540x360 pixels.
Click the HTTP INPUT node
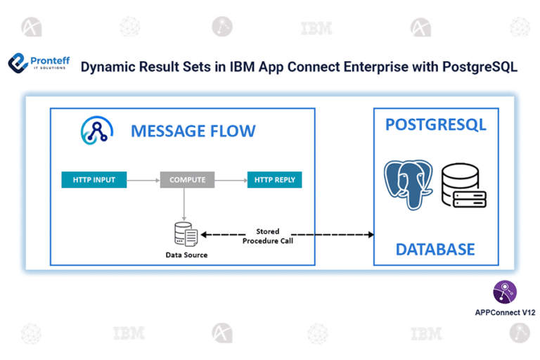(x=94, y=180)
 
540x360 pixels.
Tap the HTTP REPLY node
(x=274, y=180)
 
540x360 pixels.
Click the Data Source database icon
(x=186, y=233)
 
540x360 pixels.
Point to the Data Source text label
(x=186, y=255)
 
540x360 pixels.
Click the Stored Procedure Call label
(x=267, y=236)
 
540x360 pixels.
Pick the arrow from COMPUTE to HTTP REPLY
(x=230, y=180)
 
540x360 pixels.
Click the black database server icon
(x=464, y=186)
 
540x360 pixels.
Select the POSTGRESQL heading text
(x=435, y=125)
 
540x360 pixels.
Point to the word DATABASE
(x=435, y=249)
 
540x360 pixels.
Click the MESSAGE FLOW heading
(x=193, y=131)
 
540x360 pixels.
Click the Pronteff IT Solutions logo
(x=39, y=64)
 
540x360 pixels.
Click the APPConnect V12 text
(x=505, y=311)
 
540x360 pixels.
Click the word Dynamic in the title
(x=108, y=67)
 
